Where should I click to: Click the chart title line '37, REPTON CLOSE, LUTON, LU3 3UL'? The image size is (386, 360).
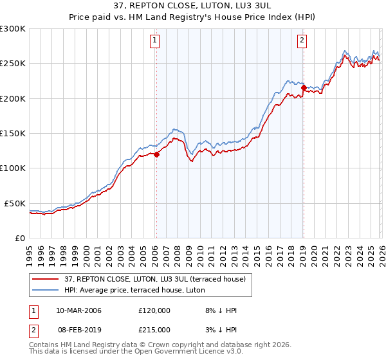coord(193,6)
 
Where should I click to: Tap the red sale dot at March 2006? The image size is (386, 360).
coord(156,154)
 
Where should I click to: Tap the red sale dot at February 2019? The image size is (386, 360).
coord(303,87)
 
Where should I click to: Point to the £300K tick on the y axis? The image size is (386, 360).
coord(13,29)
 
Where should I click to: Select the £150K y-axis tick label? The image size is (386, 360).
coord(13,133)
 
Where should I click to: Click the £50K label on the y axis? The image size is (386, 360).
coord(15,203)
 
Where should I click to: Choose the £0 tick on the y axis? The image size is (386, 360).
coord(20,238)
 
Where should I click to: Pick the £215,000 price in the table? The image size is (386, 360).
coord(154,329)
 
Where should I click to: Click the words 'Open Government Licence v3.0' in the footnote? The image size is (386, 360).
coord(193,352)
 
